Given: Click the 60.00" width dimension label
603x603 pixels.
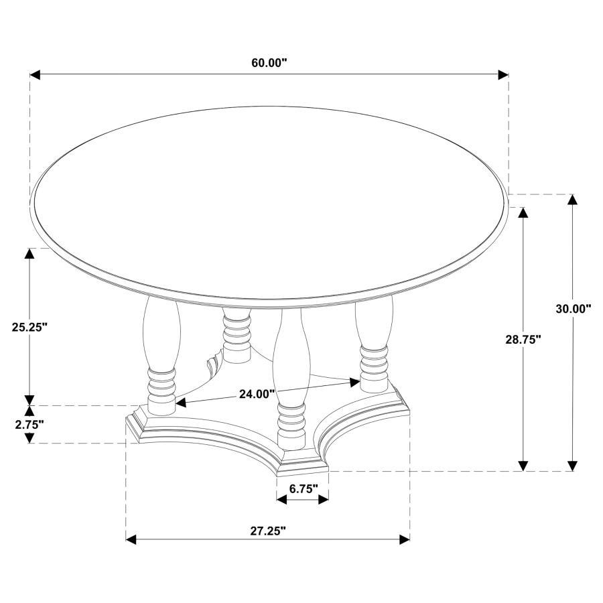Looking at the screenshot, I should (269, 63).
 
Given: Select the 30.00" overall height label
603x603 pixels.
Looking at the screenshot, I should (573, 309).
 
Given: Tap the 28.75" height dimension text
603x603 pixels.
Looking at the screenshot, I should (523, 340).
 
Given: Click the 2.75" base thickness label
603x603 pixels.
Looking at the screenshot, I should (27, 424).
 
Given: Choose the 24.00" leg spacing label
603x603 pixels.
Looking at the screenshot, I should (257, 394).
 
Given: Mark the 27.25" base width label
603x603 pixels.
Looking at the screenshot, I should (268, 531).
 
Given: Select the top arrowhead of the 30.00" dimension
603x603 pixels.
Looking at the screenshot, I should (572, 199).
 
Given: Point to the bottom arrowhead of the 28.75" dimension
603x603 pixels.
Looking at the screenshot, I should (523, 466).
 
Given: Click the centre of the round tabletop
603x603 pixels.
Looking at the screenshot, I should (269, 201).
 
